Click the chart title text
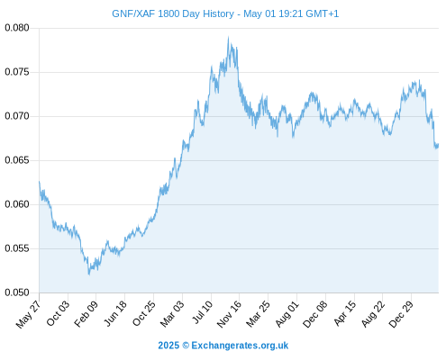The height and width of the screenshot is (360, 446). click(225, 13)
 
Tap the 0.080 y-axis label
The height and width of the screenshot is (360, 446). click(17, 28)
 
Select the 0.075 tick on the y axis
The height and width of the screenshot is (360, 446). click(17, 72)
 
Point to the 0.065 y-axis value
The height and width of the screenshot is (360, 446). click(17, 160)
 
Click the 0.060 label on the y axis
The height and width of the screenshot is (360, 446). click(17, 204)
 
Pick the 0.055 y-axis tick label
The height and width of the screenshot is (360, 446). click(17, 248)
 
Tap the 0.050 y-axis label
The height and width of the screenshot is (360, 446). click(17, 292)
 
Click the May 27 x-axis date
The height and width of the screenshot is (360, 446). click(28, 314)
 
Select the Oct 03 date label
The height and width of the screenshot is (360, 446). click(58, 313)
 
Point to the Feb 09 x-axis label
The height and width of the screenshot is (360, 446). click(86, 314)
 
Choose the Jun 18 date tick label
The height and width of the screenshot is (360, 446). click(115, 313)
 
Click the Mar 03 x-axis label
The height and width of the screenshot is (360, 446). click(172, 314)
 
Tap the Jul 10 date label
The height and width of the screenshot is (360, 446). click(203, 312)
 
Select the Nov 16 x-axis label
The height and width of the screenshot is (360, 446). click(229, 314)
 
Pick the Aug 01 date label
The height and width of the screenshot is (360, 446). click(287, 314)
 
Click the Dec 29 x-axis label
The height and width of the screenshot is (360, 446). click(401, 314)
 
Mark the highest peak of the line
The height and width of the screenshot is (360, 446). click(228, 37)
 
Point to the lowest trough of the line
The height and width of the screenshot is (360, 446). click(89, 274)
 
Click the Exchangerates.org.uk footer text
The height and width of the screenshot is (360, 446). click(240, 346)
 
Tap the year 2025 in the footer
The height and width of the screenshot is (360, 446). click(168, 346)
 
